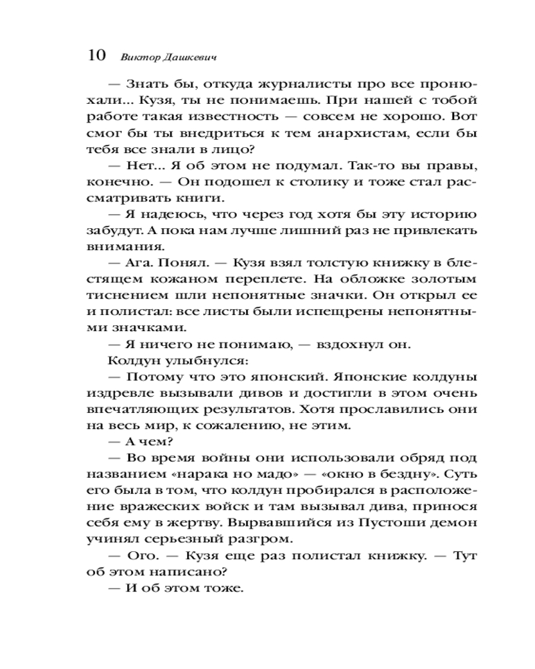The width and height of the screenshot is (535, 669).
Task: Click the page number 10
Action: (x=96, y=56)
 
